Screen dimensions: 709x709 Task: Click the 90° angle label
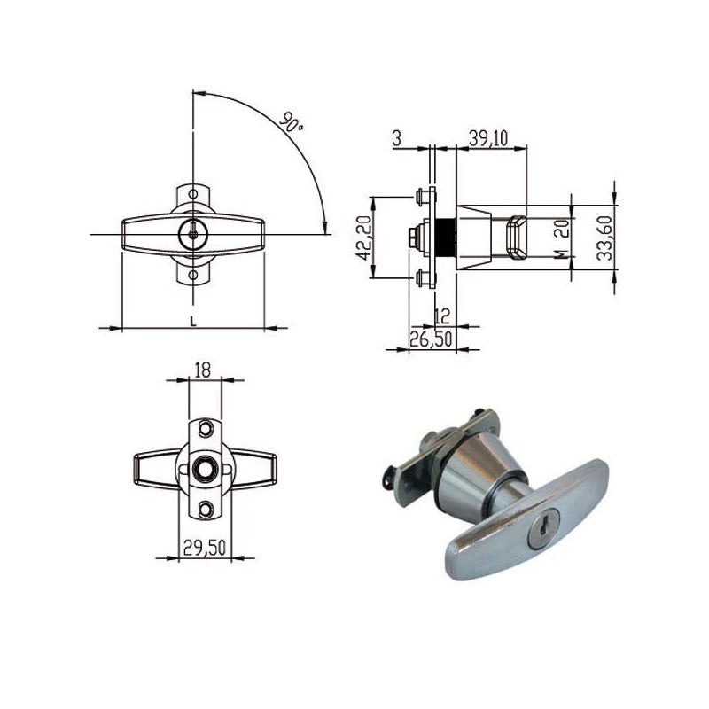tap(291, 122)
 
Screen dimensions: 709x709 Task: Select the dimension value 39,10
tap(488, 138)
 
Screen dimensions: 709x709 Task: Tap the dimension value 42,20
tap(364, 238)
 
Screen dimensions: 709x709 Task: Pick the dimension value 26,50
tap(431, 339)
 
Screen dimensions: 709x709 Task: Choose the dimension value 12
tap(441, 316)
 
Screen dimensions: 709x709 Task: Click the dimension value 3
tap(396, 138)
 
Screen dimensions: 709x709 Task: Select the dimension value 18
tap(203, 370)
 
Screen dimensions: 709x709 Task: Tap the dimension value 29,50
tap(205, 548)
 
